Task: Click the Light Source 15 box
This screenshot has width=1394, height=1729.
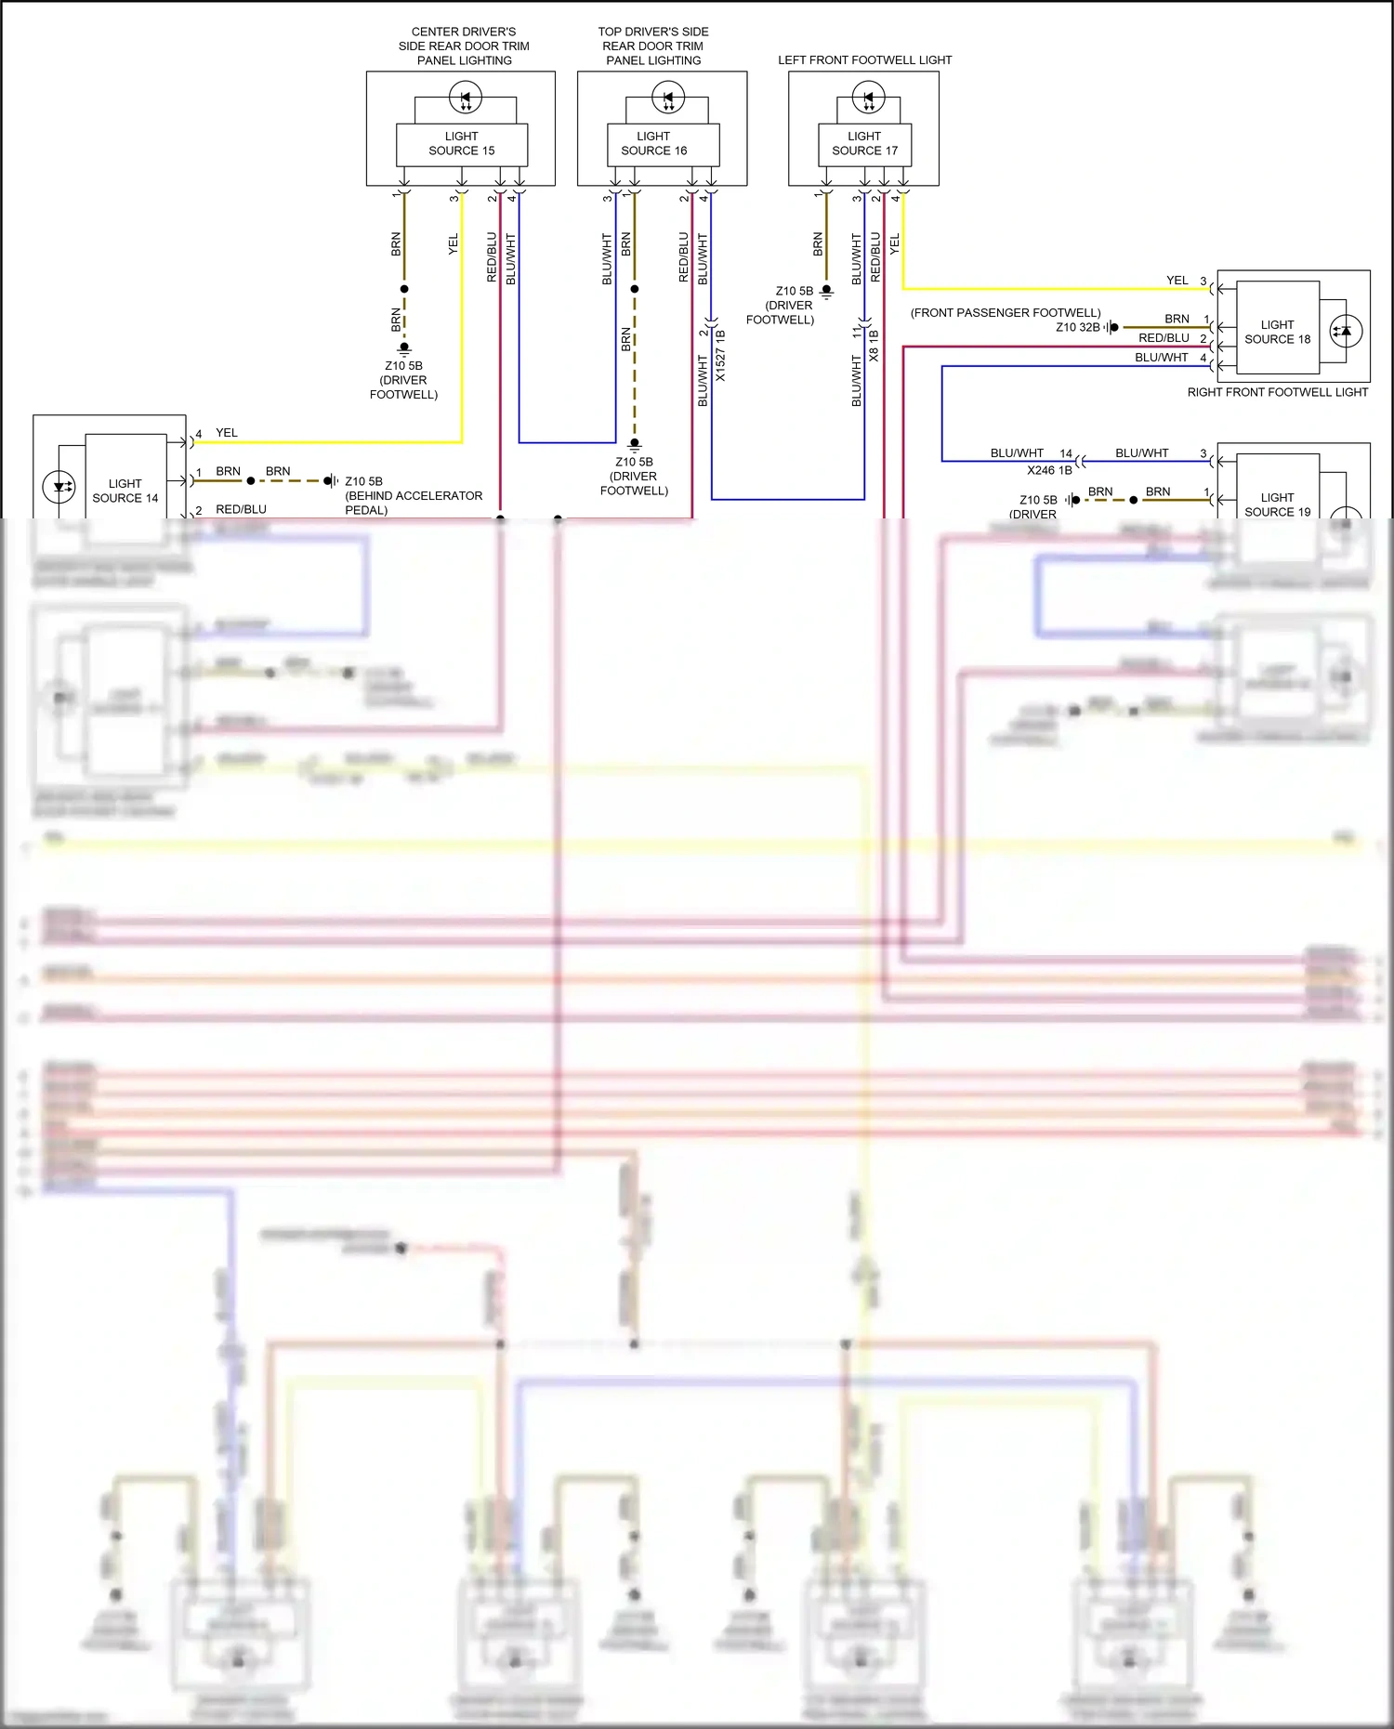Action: (x=462, y=144)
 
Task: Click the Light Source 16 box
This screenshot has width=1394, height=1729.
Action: (x=653, y=144)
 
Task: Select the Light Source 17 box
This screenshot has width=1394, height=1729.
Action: (x=864, y=144)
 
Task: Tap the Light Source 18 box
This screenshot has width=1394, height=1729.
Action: (x=1277, y=332)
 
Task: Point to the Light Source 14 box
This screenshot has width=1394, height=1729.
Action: (x=125, y=490)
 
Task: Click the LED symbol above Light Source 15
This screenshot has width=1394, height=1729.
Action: (x=466, y=97)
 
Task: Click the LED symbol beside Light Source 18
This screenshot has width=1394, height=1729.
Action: (x=1346, y=331)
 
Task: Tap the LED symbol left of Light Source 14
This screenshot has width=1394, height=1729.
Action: (x=59, y=487)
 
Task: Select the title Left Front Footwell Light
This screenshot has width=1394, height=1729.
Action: (x=864, y=60)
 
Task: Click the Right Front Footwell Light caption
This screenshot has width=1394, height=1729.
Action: (x=1277, y=392)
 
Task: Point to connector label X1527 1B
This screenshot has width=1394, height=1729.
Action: (x=721, y=356)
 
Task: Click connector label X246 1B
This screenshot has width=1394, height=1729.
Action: (x=1049, y=470)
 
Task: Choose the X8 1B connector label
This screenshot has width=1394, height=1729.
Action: (x=874, y=346)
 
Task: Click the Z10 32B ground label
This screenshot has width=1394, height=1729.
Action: (x=1077, y=327)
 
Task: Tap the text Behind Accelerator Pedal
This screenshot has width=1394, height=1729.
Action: (x=413, y=503)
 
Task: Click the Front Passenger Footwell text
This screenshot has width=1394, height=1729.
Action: (x=1006, y=313)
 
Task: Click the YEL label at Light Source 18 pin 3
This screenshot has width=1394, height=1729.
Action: (x=1177, y=281)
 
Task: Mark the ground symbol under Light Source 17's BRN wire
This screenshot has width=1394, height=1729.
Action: (x=826, y=292)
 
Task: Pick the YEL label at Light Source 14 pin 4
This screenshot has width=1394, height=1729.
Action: (x=227, y=433)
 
